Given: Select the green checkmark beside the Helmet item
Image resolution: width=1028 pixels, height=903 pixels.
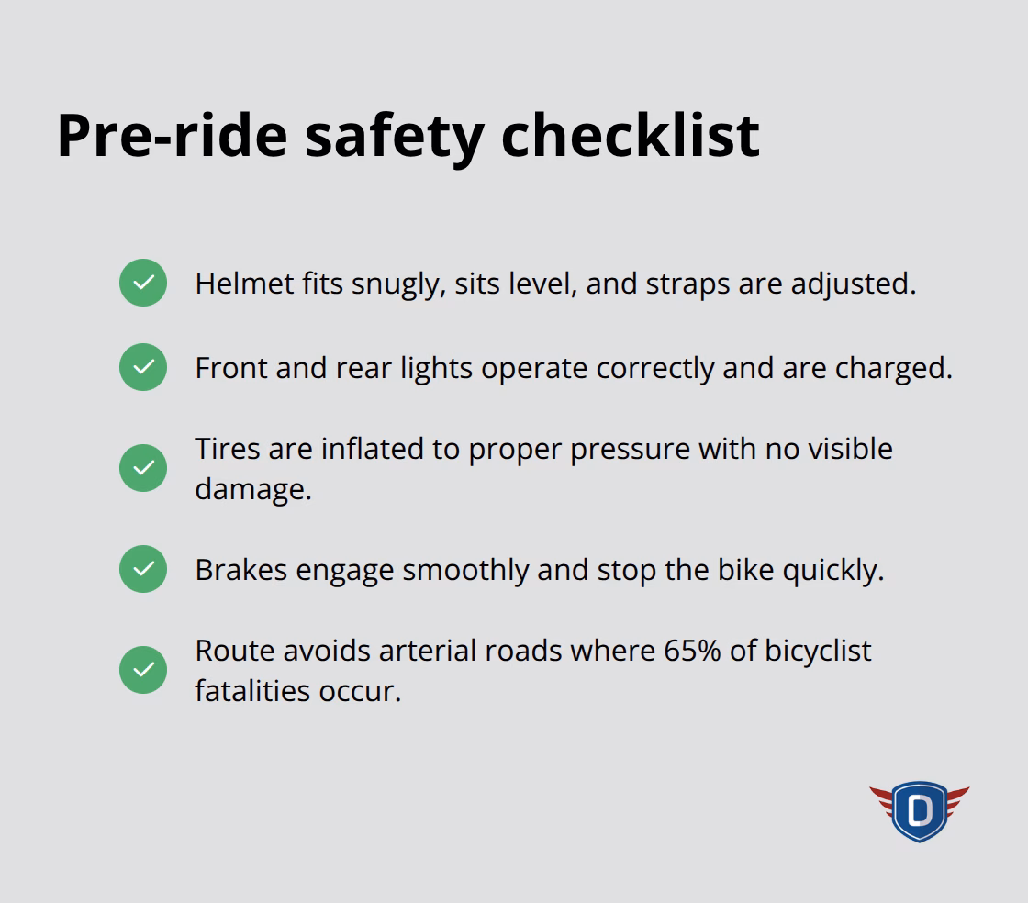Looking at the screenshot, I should (143, 283).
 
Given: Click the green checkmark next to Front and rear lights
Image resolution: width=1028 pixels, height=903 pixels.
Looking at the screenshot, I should (143, 367).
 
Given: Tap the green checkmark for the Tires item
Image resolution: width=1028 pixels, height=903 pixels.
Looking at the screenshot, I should (143, 468).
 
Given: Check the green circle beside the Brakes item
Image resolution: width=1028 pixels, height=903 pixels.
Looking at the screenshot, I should (143, 569).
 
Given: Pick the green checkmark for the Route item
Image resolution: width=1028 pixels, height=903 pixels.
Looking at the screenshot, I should (143, 670).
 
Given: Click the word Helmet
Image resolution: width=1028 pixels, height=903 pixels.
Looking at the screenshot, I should (245, 284).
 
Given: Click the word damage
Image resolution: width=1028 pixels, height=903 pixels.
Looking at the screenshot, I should (252, 490).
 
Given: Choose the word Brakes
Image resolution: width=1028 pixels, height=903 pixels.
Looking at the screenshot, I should (238, 570).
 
